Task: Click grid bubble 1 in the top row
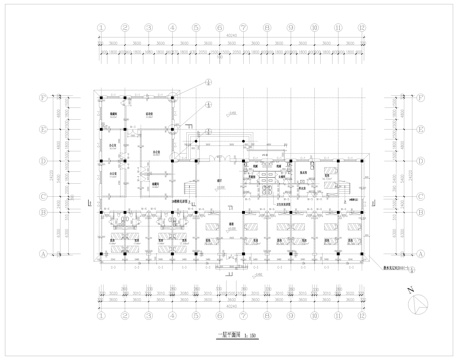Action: coord(101,31)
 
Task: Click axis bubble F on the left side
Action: coord(41,98)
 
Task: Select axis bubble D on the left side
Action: coord(41,161)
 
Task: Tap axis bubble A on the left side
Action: coord(41,255)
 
